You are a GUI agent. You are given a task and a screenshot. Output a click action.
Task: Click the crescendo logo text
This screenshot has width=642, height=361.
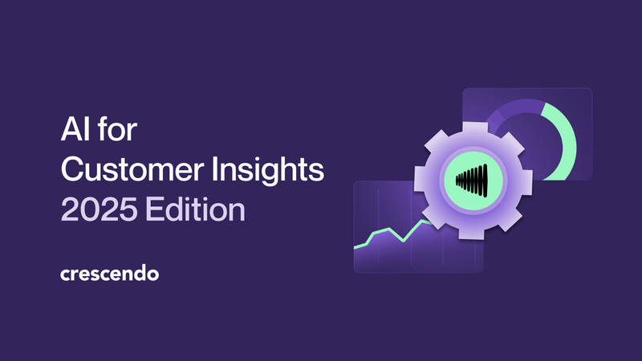point(110,274)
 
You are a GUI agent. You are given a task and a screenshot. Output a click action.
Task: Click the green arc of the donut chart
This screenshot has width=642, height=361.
point(567,136)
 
